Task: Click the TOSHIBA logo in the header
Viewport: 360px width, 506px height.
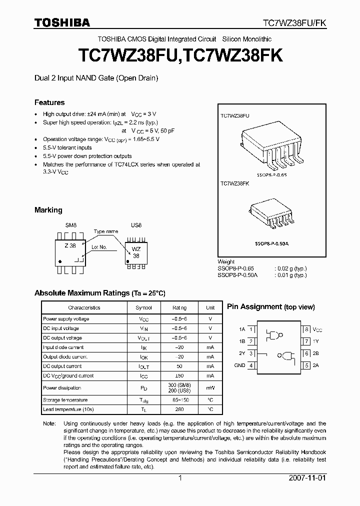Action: [62, 22]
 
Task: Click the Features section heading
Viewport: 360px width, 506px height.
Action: [49, 102]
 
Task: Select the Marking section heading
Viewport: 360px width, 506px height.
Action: [48, 210]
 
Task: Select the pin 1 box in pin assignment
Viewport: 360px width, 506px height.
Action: [251, 329]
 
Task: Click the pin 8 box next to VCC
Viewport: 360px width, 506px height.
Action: [306, 329]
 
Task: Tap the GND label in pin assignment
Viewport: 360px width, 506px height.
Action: [239, 365]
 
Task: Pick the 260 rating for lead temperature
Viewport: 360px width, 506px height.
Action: [179, 409]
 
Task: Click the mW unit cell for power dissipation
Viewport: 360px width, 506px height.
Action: [210, 388]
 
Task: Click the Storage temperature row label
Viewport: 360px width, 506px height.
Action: [65, 400]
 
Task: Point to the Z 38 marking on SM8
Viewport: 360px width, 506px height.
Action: [70, 245]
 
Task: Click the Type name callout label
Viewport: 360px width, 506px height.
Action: [106, 231]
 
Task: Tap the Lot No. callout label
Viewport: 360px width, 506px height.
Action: [99, 247]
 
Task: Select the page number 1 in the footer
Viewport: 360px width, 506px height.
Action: [180, 477]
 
